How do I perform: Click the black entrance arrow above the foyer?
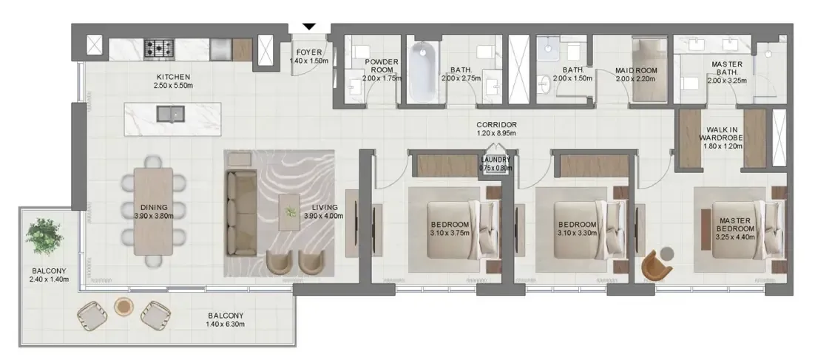click(x=309, y=27)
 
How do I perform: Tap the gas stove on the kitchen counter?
click(x=159, y=49)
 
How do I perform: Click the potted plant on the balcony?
click(x=44, y=237)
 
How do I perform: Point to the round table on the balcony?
click(x=124, y=306)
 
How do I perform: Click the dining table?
click(x=153, y=211)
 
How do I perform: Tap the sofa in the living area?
click(x=240, y=214)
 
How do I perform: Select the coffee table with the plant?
click(x=289, y=212)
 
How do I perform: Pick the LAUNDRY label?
click(x=496, y=160)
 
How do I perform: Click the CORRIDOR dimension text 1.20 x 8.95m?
click(x=497, y=134)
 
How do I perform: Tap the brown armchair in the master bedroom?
click(x=656, y=265)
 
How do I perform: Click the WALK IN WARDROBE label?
click(x=720, y=134)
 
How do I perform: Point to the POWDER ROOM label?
click(x=382, y=66)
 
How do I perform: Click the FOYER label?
click(x=308, y=52)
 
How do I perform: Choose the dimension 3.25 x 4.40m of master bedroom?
click(x=734, y=237)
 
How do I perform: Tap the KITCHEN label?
click(x=173, y=78)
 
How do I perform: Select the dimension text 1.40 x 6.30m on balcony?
click(x=225, y=325)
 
